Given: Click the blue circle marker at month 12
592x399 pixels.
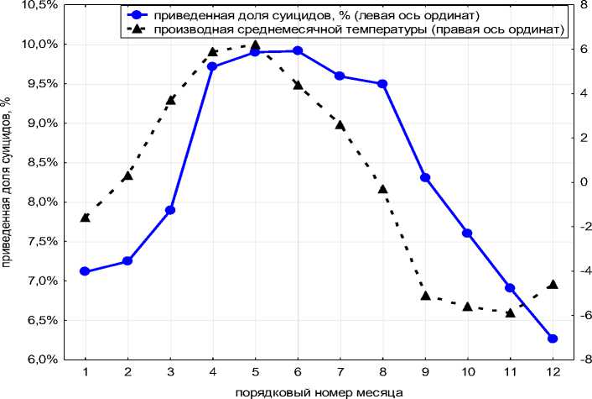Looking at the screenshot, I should [x=553, y=339].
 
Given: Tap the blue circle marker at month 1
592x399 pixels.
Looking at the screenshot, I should [x=85, y=271].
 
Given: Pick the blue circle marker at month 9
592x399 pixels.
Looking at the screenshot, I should [x=425, y=178].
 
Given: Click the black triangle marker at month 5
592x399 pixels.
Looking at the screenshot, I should [x=256, y=45].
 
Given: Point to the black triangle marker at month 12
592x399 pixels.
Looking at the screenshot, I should [x=553, y=285].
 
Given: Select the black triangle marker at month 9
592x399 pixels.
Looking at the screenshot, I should [x=425, y=296].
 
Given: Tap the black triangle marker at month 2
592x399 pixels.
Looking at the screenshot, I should [x=127, y=176].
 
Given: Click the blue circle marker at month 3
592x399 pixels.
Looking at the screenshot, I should [x=170, y=210].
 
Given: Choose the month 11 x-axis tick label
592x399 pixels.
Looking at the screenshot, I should [x=510, y=371].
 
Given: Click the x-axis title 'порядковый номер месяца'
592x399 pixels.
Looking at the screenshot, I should [x=318, y=391].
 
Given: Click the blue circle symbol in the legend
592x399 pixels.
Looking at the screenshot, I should [x=137, y=14].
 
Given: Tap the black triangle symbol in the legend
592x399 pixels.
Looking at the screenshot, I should [x=137, y=29].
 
